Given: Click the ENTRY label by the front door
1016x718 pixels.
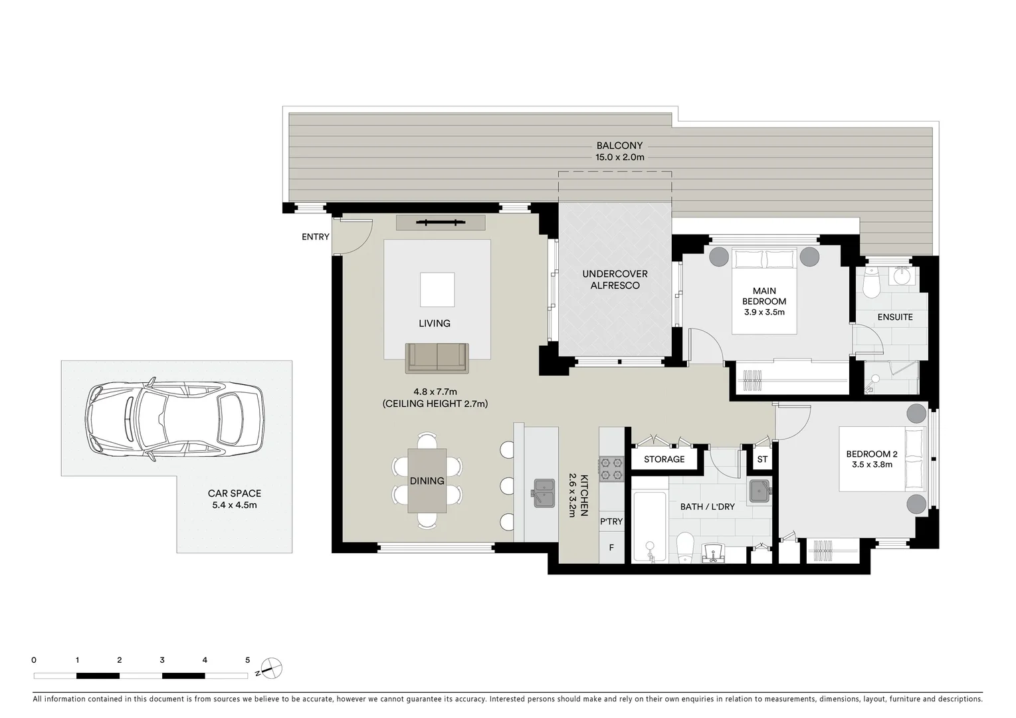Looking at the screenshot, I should [315, 237].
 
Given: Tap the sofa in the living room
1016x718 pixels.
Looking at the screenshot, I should [437, 358].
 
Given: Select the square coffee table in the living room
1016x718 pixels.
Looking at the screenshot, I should [437, 289].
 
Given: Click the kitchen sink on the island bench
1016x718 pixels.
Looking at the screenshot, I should [544, 493].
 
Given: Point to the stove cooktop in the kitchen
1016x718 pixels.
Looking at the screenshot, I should [611, 468].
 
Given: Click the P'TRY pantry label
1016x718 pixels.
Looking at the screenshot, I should [611, 521].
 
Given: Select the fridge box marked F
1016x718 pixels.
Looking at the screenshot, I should [611, 548].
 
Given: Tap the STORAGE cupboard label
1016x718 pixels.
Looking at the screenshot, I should [664, 459].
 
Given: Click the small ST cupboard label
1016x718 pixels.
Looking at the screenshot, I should [762, 459].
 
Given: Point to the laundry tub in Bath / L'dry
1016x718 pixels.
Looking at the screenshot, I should [760, 491].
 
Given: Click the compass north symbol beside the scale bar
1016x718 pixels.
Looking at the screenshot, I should [272, 667].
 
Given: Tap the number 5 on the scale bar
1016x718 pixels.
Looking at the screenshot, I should [248, 660].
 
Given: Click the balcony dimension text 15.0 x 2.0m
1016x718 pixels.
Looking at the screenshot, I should [619, 158].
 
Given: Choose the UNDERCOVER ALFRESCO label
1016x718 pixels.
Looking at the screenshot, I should [615, 280].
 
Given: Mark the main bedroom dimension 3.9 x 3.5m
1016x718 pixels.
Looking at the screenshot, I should [764, 312].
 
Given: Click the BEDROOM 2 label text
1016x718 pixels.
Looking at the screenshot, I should [871, 454].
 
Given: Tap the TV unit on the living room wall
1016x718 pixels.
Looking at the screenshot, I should [441, 223].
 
